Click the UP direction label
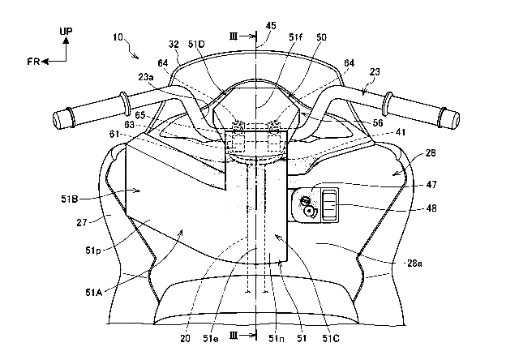pyautogui.click(x=66, y=31)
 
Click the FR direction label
pyautogui.click(x=33, y=62)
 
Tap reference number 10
pyautogui.click(x=118, y=37)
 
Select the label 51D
pyautogui.click(x=196, y=45)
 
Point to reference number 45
pyautogui.click(x=271, y=26)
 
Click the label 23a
pyautogui.click(x=146, y=77)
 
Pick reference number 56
pyautogui.click(x=378, y=123)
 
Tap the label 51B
pyautogui.click(x=70, y=199)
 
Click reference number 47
pyautogui.click(x=431, y=184)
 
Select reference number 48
pyautogui.click(x=431, y=208)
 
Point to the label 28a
pyautogui.click(x=414, y=264)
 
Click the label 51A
pyautogui.click(x=94, y=293)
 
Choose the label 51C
pyautogui.click(x=331, y=338)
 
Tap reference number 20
pyautogui.click(x=186, y=338)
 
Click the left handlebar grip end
pyautogui.click(x=57, y=121)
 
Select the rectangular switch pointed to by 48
pyautogui.click(x=329, y=205)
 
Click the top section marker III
pyautogui.click(x=234, y=36)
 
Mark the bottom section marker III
pyautogui.click(x=234, y=336)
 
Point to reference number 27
pyautogui.click(x=82, y=222)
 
